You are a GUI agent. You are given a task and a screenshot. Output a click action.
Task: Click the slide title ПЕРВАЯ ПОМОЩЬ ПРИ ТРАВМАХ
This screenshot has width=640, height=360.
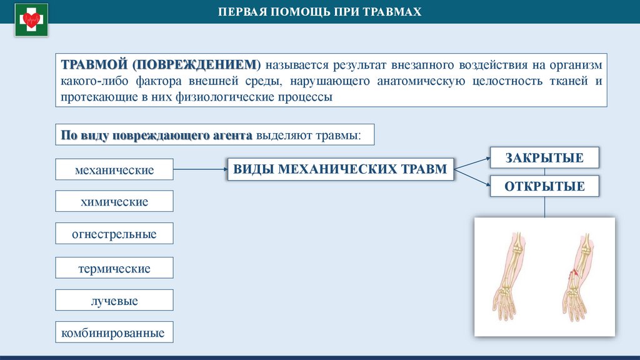click(x=319, y=12)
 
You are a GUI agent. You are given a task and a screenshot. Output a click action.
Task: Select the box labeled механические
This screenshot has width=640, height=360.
click(x=114, y=169)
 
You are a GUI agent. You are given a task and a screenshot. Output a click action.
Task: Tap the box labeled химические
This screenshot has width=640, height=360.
click(x=114, y=202)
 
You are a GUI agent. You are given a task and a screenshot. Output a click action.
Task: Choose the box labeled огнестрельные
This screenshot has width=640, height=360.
click(x=114, y=234)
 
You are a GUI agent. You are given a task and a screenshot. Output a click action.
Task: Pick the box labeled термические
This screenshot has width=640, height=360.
click(x=114, y=268)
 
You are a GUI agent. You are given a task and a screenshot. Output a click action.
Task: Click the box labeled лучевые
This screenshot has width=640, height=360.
click(x=114, y=301)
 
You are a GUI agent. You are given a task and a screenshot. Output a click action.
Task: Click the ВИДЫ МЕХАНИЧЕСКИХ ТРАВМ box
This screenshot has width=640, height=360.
click(x=341, y=169)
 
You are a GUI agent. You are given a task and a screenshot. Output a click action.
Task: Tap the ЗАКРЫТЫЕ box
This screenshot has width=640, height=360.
click(x=545, y=157)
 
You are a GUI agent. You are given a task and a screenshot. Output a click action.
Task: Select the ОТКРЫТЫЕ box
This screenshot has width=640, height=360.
click(x=545, y=186)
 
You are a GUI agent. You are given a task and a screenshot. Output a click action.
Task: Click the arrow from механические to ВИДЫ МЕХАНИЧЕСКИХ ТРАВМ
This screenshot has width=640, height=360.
click(x=199, y=169)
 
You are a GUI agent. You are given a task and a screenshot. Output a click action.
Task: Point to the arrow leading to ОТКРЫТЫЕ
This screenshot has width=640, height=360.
click(x=472, y=176)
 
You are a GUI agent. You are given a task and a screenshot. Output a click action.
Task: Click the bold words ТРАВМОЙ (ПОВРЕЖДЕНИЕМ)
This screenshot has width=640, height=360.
click(x=159, y=65)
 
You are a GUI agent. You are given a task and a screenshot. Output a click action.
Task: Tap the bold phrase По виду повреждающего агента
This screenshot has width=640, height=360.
click(x=156, y=135)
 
